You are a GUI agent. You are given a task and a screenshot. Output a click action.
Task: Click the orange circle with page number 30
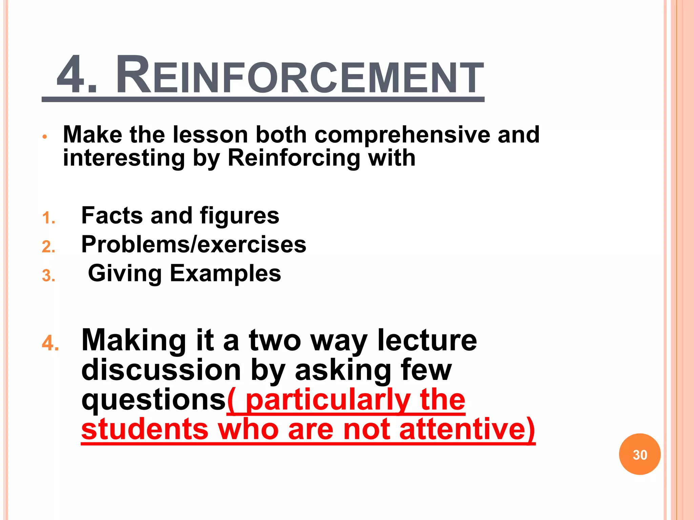(639, 454)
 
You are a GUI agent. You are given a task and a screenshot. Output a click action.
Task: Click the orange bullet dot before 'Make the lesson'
(44, 137)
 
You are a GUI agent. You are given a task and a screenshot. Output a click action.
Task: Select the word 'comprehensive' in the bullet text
(402, 135)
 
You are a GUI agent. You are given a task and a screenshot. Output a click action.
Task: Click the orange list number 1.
(48, 218)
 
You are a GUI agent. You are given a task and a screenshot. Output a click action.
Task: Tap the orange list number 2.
(48, 246)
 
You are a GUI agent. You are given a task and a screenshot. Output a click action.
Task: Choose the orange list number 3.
(48, 276)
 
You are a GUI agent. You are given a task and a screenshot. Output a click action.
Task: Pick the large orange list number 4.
(50, 343)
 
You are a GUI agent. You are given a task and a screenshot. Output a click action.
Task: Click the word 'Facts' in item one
(112, 216)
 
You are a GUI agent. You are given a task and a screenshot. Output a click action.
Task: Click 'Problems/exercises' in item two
(193, 244)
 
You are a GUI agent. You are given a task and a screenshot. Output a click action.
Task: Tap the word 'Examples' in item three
(225, 274)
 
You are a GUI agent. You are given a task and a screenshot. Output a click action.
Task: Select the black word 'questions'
(154, 400)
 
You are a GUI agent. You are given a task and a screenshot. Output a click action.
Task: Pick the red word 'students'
(145, 429)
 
